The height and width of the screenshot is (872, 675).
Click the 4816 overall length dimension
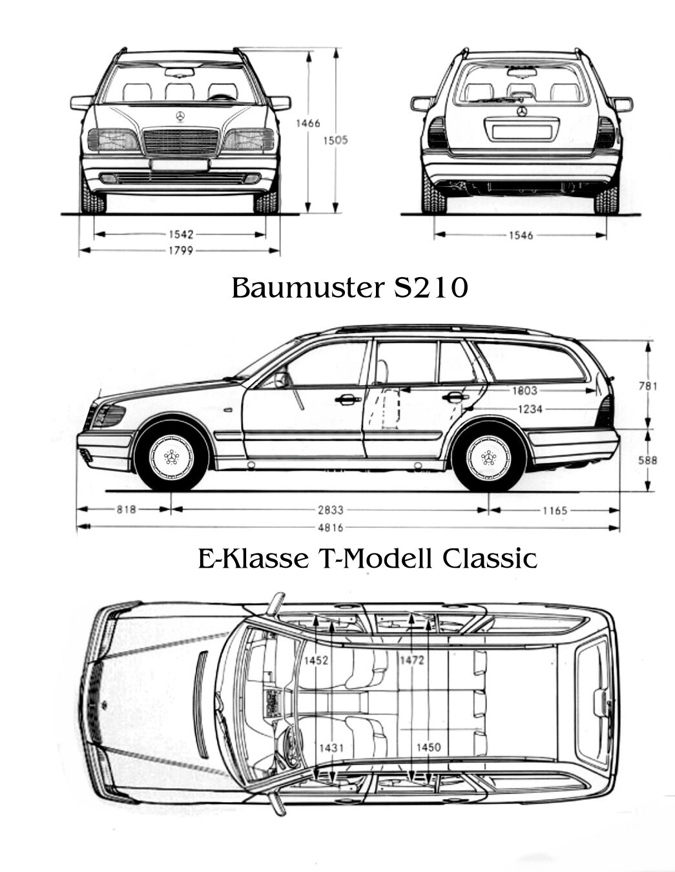pos(330,528)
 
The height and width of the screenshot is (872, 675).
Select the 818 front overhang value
pos(126,510)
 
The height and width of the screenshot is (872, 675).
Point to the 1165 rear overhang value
pos(554,510)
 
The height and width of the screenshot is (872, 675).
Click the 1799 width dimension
pos(180,251)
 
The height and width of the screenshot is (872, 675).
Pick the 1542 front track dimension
pos(180,234)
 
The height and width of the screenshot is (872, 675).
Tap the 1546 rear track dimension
pos(521,235)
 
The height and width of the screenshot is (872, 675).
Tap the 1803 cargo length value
pos(524,390)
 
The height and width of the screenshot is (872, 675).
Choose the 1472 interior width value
pos(411,659)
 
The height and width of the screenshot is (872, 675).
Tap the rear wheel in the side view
pos(488,457)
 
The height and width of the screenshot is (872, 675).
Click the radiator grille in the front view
pos(180,141)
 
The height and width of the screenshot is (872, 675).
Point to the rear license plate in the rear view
pos(521,132)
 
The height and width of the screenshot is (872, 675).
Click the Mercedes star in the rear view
pos(521,111)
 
